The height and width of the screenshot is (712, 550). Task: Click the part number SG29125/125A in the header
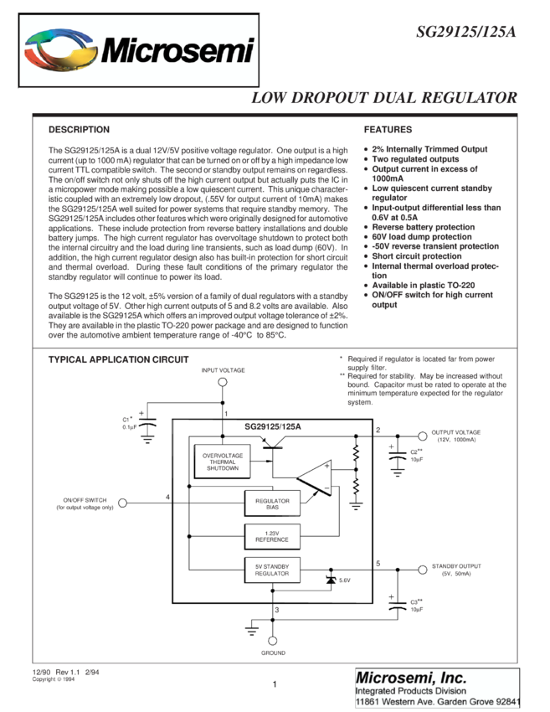[x=465, y=32]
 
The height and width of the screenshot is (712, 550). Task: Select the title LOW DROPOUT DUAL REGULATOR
[x=384, y=98]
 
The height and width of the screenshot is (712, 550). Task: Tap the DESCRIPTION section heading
[x=79, y=130]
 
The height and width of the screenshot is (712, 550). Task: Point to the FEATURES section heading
[x=388, y=130]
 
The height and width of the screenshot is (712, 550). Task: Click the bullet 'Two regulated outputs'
[x=415, y=159]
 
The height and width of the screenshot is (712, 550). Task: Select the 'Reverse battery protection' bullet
[x=423, y=227]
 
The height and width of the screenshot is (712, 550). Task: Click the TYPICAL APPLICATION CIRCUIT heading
[x=118, y=359]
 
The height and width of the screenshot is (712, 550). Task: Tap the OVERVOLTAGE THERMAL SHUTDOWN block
[x=223, y=462]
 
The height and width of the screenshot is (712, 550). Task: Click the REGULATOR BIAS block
[x=271, y=503]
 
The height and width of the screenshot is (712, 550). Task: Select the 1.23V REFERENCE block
[x=271, y=536]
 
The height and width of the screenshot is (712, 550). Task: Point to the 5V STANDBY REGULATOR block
[x=271, y=570]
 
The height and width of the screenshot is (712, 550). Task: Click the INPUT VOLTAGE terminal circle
[x=223, y=383]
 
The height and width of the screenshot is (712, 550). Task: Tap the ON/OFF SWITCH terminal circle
[x=123, y=503]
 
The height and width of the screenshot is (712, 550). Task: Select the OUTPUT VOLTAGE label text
[x=455, y=433]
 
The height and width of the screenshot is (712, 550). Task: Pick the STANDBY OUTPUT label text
[x=456, y=567]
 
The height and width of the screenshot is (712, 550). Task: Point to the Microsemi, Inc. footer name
[x=411, y=677]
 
